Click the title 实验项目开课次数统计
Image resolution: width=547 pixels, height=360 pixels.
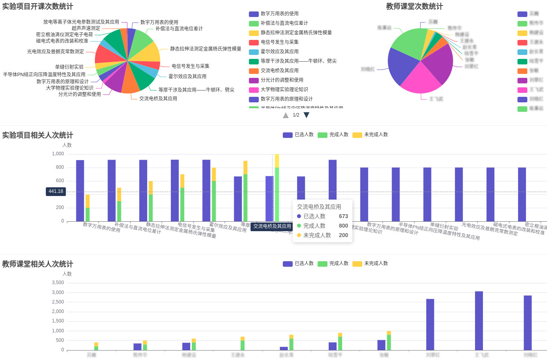coord(38,6)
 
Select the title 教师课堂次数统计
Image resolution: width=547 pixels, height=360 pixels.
coord(414,6)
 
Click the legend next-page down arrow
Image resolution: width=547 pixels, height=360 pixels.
coord(306,115)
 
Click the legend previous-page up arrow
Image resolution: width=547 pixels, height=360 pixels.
coord(286,115)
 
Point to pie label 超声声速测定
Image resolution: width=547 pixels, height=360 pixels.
coord(86,28)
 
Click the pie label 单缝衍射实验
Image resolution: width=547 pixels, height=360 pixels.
coord(69,67)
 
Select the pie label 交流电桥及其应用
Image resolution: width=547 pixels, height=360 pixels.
coord(158,99)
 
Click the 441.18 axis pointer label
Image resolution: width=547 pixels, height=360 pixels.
coord(56,192)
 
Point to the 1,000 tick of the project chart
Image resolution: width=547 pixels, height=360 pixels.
coord(58,154)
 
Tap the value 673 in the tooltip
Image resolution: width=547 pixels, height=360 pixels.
coord(343,217)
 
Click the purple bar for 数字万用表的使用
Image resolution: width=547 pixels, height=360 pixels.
coord(80,190)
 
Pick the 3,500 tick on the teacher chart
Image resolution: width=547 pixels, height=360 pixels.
coord(58,283)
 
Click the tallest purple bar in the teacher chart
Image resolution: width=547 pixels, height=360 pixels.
coord(479,320)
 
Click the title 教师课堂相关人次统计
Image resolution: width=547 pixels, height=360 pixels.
coord(38,264)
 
